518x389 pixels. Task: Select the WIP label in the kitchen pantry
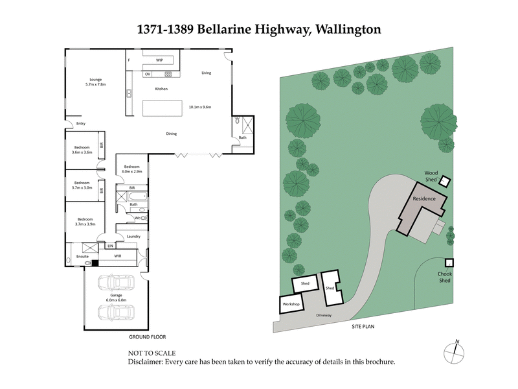point(159,60)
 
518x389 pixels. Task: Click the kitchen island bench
point(161,108)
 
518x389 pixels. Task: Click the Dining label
point(171,134)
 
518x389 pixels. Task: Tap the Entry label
point(81,123)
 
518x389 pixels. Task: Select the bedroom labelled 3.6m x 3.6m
point(82,150)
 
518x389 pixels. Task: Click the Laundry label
point(134,237)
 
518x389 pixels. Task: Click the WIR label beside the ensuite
point(118,255)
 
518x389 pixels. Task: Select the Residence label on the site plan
point(424,198)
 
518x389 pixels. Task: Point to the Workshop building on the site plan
point(289,303)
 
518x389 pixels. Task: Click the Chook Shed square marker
point(448,263)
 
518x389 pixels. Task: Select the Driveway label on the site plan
point(324,315)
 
